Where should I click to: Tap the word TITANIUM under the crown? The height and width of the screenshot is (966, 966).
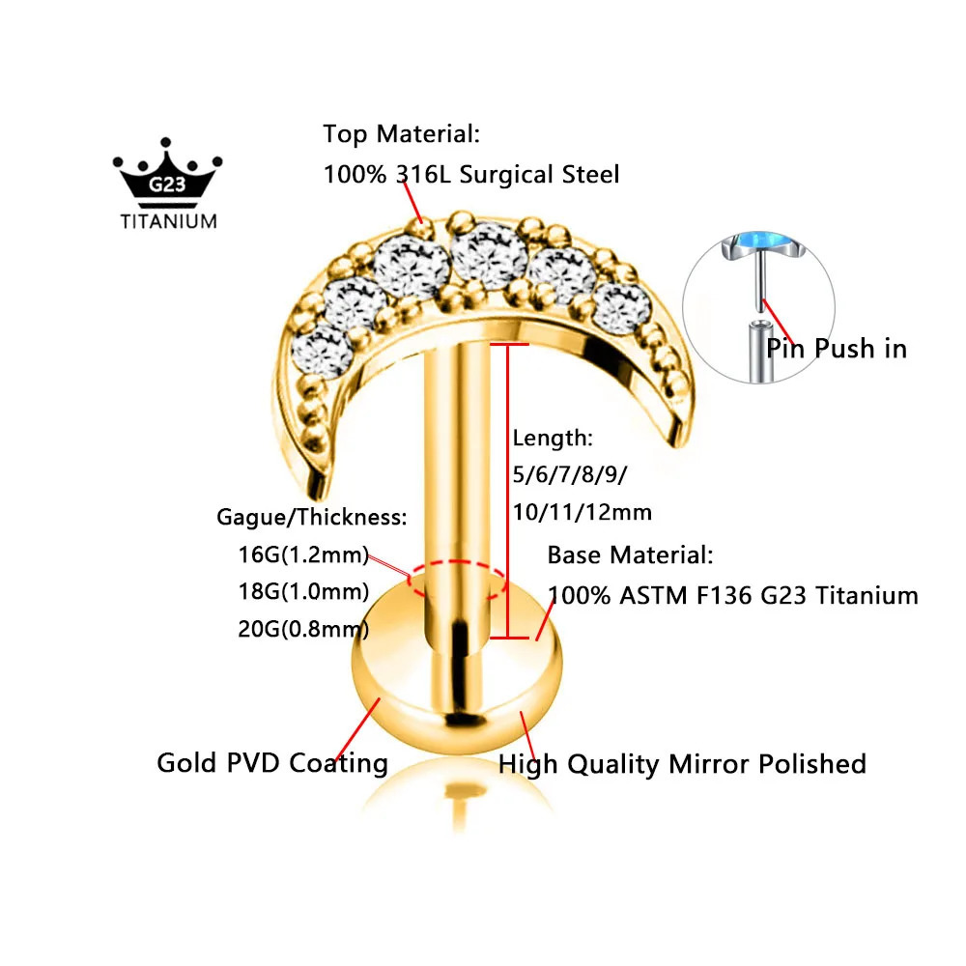pos(169,221)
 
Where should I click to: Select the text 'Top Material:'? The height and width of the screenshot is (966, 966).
pos(401,134)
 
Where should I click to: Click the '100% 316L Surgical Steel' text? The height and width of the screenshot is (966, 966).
pos(471,174)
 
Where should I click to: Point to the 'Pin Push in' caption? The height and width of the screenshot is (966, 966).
pos(836,349)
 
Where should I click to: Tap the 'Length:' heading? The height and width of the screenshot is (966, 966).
pos(553,438)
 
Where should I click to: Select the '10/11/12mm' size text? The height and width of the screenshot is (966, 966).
pos(582,512)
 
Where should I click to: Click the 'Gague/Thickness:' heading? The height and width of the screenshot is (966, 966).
pos(312,517)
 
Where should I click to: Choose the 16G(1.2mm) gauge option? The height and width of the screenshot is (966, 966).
pos(303,554)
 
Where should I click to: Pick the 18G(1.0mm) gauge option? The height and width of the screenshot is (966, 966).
pos(303,591)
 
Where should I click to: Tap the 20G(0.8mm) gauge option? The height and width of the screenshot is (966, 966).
pos(303,629)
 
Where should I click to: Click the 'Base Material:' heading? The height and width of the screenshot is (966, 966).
pos(630,555)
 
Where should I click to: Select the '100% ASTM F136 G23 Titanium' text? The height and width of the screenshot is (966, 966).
pos(733,596)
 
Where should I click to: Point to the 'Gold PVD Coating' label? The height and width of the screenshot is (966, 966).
pos(272,763)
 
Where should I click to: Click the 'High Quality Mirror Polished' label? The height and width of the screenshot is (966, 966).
pos(682,764)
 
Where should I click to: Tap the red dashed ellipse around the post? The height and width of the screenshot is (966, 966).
pos(457,562)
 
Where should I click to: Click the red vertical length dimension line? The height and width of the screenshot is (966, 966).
pos(508,491)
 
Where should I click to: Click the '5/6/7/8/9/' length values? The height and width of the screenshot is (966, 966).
pos(570,475)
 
